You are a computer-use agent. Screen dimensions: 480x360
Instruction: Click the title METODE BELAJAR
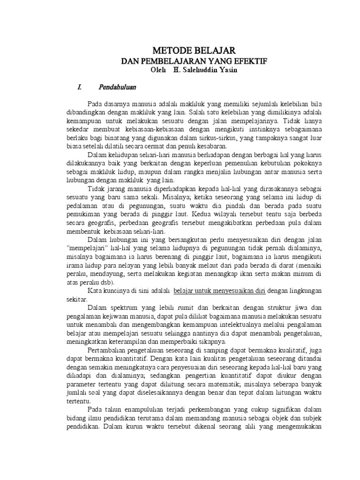[x=194, y=50]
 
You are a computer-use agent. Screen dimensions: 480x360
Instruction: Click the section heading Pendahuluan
[x=117, y=87]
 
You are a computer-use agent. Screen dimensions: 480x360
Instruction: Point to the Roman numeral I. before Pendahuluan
[x=80, y=87]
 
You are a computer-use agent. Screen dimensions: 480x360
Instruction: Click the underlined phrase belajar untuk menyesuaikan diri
[x=219, y=291]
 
